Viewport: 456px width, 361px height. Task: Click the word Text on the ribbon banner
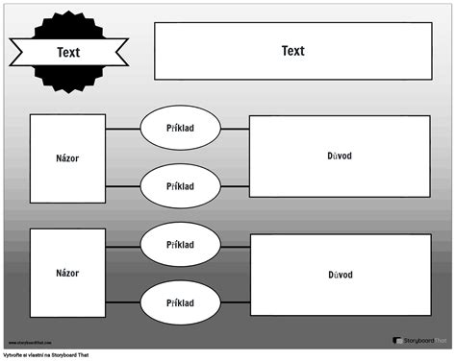coord(68,53)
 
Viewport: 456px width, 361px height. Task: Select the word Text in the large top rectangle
coord(292,51)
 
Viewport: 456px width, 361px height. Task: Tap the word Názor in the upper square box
coord(67,157)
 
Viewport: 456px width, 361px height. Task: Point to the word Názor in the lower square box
coord(67,273)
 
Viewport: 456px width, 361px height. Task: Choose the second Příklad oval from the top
coord(180,185)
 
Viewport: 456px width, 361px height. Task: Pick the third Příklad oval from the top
coord(180,245)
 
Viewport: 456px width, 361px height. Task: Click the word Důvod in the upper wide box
coord(340,156)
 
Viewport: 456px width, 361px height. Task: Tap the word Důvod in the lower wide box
coord(340,275)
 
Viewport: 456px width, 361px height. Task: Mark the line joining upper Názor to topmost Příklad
coord(123,127)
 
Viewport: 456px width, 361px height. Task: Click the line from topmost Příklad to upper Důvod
coord(235,127)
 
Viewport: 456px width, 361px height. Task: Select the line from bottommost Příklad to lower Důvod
coord(235,301)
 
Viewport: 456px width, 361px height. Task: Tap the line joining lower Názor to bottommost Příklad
coord(123,301)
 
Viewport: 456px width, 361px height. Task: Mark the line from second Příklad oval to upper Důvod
coord(235,185)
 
